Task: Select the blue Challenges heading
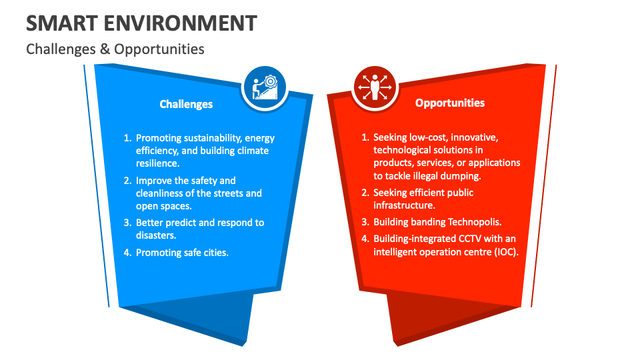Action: click(186, 104)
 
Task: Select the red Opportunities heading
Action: click(450, 103)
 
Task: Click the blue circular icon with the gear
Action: click(265, 86)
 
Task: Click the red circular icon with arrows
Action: click(374, 87)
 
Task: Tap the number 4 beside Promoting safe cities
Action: click(127, 253)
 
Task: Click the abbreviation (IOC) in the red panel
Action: click(503, 251)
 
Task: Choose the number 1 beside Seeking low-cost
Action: click(365, 137)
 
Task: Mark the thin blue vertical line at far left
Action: click(97, 187)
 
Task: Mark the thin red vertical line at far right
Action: click(544, 187)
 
